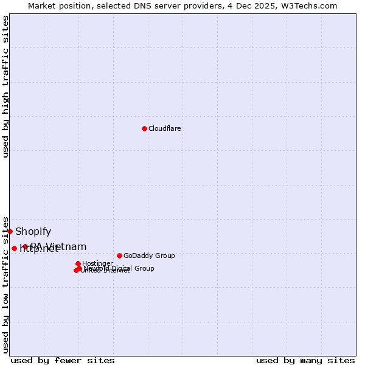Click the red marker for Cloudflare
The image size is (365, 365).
pos(144,128)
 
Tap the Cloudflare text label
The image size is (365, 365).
pos(165,128)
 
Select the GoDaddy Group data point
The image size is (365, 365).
pos(119,255)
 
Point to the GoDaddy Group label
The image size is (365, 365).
pos(149,255)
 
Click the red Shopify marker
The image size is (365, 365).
pos(10,231)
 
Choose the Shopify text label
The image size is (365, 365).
pos(33,231)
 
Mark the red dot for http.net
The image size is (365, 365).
pos(14,248)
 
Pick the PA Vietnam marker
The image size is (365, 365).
pos(25,246)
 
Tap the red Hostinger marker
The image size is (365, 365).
pos(78,263)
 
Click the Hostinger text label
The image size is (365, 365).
pos(98,263)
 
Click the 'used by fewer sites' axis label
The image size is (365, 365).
pos(63,360)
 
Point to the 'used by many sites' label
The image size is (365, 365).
pos(305,360)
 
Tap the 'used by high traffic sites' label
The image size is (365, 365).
pos(6,86)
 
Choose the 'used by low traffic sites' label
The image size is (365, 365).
pos(6,285)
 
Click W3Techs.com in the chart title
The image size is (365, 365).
pos(312,5)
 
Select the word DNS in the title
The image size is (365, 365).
pos(149,5)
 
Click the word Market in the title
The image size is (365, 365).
pos(41,5)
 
